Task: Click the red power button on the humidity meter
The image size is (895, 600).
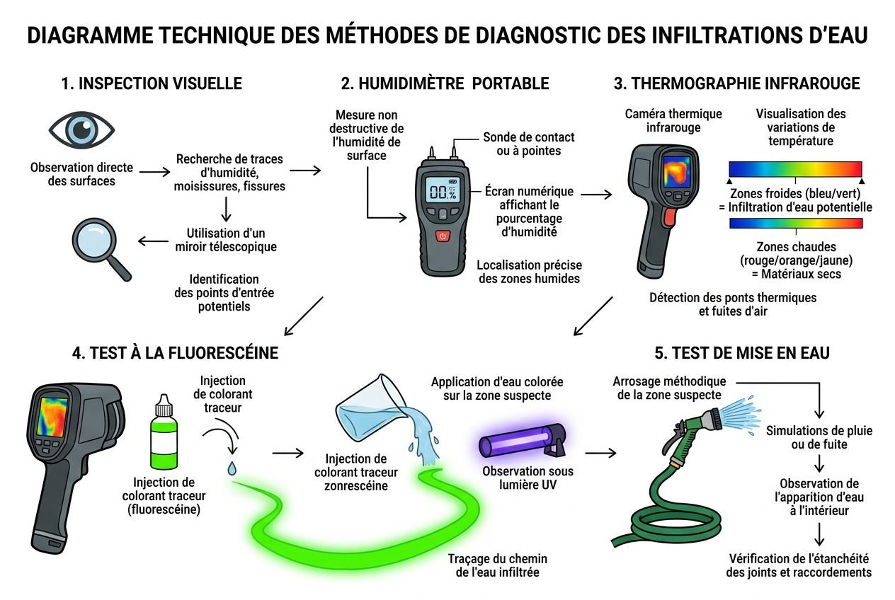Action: point(443,236)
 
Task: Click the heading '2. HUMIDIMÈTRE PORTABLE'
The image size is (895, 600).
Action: point(445,83)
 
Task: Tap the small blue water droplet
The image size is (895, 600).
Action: point(232,468)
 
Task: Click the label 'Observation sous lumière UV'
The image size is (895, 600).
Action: point(528,478)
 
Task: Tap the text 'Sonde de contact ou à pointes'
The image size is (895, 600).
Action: point(528,144)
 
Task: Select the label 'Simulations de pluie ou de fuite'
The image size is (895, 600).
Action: point(819,437)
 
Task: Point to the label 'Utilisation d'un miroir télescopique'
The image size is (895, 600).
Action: point(226,239)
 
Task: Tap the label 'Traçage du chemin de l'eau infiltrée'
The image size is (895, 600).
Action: point(497,565)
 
